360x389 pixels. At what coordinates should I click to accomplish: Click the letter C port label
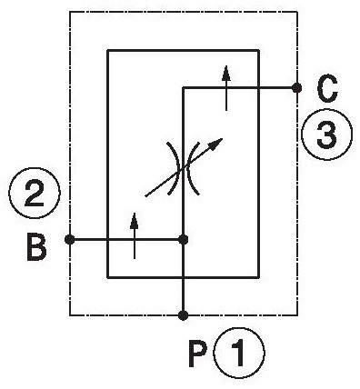pyautogui.click(x=327, y=88)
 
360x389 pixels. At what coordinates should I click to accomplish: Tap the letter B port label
pyautogui.click(x=36, y=246)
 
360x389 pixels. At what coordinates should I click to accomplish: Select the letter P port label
pyautogui.click(x=197, y=354)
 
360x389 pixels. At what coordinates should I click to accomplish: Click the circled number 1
pyautogui.click(x=239, y=354)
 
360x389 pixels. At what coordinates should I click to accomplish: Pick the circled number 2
pyautogui.click(x=35, y=193)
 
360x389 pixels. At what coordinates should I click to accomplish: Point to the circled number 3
pyautogui.click(x=327, y=134)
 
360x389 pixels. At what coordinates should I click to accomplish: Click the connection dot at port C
pyautogui.click(x=296, y=88)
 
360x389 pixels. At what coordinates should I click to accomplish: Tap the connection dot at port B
pyautogui.click(x=70, y=240)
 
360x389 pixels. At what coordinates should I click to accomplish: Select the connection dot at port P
pyautogui.click(x=183, y=315)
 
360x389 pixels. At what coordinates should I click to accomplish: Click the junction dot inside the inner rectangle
pyautogui.click(x=183, y=240)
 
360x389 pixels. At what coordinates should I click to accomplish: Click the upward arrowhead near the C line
pyautogui.click(x=226, y=74)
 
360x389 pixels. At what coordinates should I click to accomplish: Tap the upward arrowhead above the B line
pyautogui.click(x=135, y=221)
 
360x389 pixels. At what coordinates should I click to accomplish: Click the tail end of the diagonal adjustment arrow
pyautogui.click(x=145, y=196)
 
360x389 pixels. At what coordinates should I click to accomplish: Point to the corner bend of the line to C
pyautogui.click(x=183, y=88)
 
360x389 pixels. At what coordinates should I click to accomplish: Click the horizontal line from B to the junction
pyautogui.click(x=126, y=240)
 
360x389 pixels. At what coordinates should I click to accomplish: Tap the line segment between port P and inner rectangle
pyautogui.click(x=183, y=296)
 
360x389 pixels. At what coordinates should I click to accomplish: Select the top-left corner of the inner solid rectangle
pyautogui.click(x=108, y=51)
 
